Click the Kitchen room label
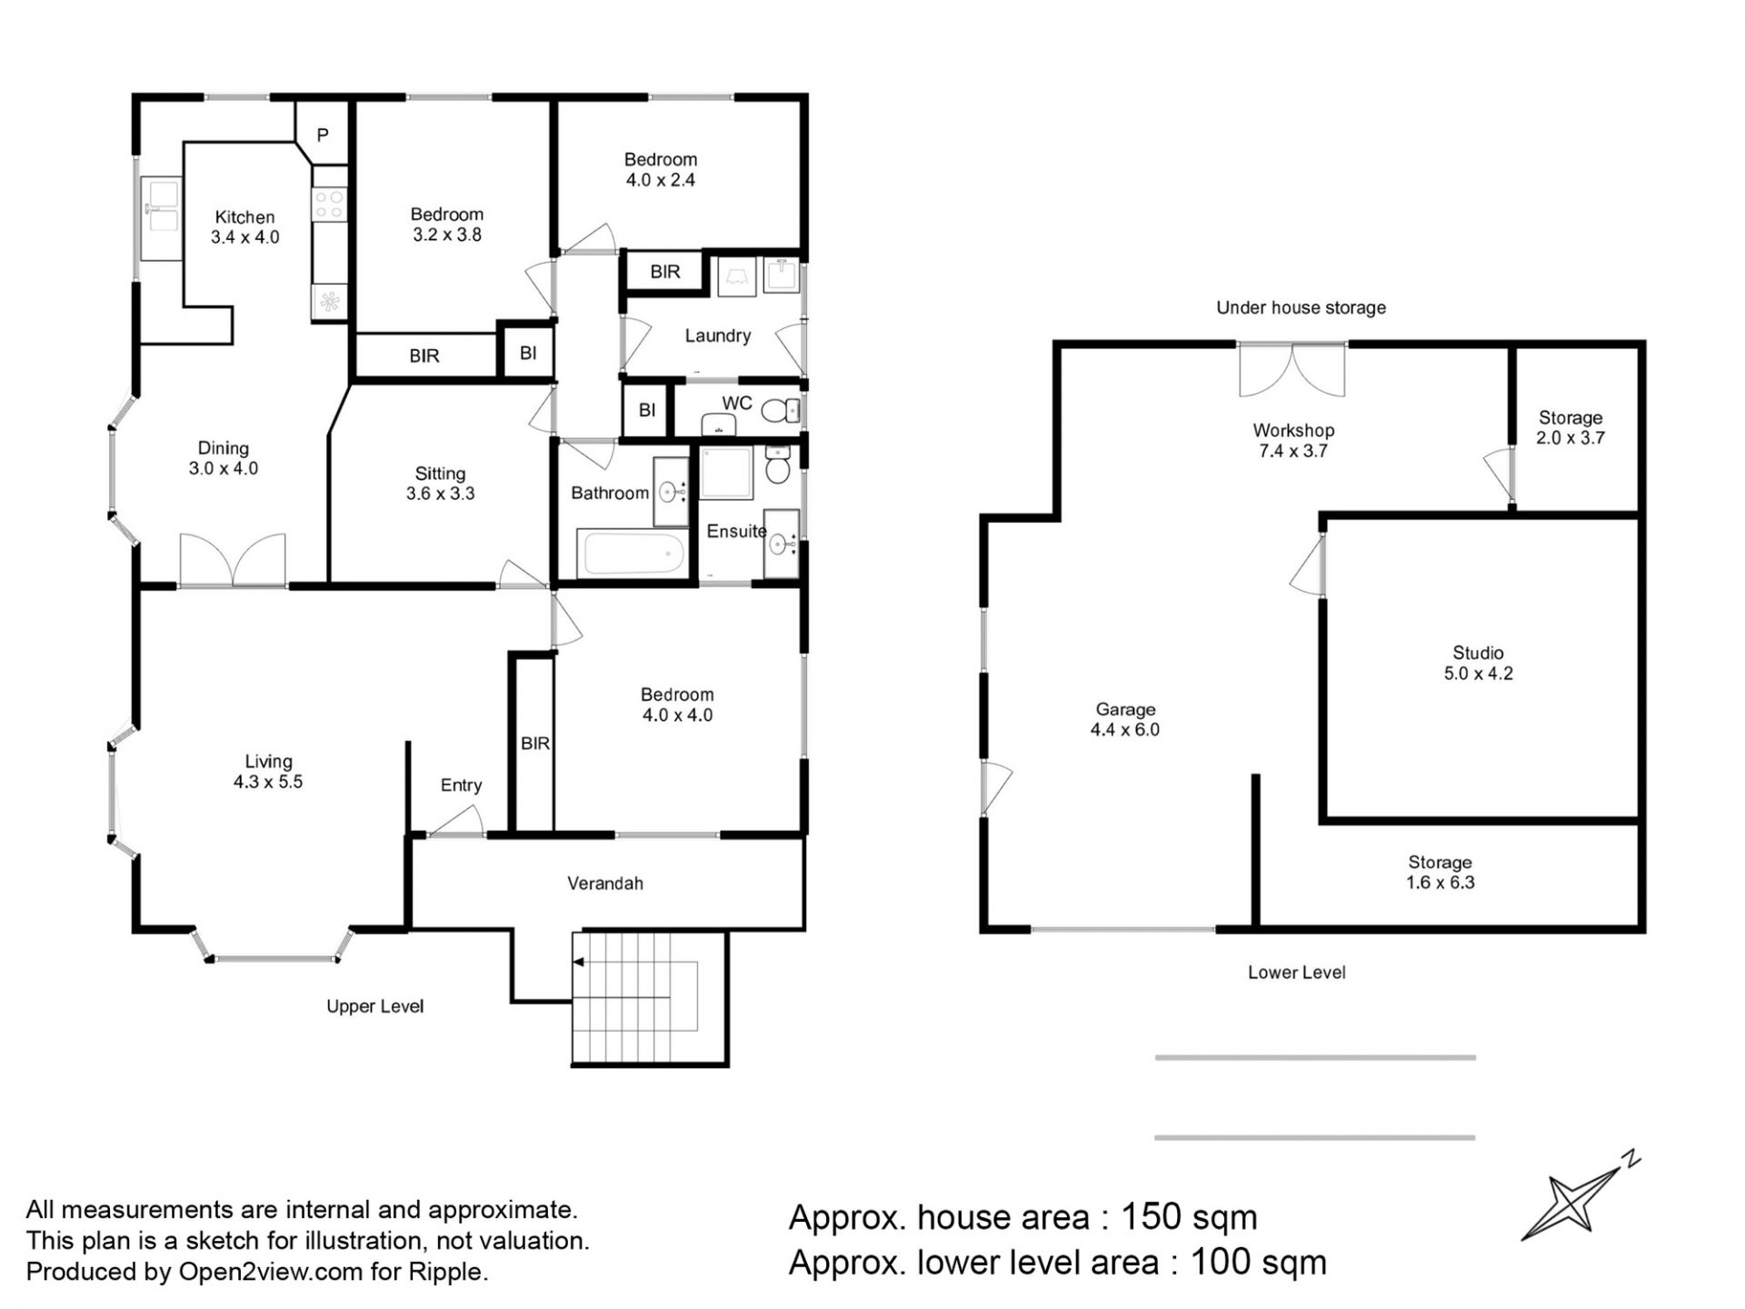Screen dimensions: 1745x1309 (244, 217)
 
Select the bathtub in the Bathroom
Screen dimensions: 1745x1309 (633, 554)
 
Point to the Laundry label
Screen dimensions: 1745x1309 (717, 335)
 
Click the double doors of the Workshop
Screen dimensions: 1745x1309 (1291, 370)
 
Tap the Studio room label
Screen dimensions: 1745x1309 (1478, 653)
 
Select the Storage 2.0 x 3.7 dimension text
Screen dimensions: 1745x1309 (1570, 437)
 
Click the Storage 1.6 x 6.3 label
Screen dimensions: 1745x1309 (1440, 872)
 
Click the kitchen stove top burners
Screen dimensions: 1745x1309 (329, 204)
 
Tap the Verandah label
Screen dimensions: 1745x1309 (605, 883)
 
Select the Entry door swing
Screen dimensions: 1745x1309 (456, 822)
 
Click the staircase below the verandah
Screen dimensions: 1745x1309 (649, 997)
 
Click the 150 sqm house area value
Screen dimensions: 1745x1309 (1189, 1216)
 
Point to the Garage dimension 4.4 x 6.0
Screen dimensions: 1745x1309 (1125, 729)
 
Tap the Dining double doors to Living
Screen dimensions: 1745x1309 (233, 560)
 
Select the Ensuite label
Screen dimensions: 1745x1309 (736, 531)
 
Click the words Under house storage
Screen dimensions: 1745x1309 (1301, 307)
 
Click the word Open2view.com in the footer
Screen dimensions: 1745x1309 (271, 1272)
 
